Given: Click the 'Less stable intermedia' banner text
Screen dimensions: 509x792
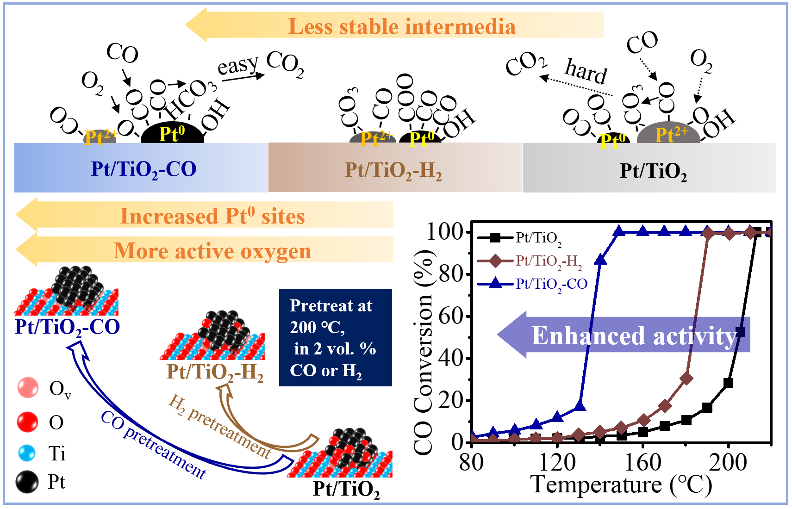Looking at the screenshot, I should pos(402,26).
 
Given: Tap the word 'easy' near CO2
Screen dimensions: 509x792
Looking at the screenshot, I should pos(238,66).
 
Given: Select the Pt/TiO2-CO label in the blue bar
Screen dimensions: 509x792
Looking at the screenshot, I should pos(143,169).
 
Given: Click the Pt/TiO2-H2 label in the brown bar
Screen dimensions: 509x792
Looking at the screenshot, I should pos(393,170).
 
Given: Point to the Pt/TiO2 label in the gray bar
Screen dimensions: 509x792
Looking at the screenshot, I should pos(653,171).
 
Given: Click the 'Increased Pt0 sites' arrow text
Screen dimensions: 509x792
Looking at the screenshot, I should pos(212,216).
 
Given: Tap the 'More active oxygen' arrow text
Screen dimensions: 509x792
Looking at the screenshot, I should pos(212,251).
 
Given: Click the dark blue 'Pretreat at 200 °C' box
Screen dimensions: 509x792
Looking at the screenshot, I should pos(335,337).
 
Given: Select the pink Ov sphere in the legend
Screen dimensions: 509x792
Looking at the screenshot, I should pos(28,387).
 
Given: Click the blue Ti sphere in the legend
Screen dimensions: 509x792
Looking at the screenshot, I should pos(27,453).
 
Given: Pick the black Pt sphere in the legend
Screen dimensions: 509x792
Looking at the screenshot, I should pos(27,482).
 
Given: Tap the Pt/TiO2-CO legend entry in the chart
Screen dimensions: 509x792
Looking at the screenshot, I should pos(551,284).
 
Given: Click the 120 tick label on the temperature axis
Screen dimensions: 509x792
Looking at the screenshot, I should pos(557,462).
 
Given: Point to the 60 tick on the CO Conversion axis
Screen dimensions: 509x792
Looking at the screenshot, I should pos(451,316).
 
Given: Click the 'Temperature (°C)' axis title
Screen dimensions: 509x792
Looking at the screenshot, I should pos(621,485).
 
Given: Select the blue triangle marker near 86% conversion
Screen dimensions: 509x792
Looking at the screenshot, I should pos(600,260).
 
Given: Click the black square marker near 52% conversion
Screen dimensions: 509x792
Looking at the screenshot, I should pos(740,332).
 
